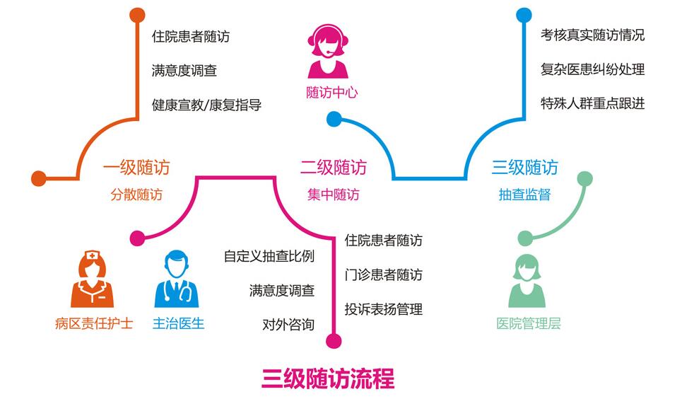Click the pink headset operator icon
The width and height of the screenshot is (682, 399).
[329, 51]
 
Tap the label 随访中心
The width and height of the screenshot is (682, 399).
[331, 93]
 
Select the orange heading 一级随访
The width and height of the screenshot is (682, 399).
[136, 168]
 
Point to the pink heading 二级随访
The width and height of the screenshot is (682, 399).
[333, 168]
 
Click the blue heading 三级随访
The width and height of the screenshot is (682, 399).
[524, 168]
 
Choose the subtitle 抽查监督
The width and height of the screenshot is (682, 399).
[524, 195]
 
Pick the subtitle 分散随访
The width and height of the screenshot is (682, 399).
[136, 195]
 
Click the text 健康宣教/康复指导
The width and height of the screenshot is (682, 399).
[206, 105]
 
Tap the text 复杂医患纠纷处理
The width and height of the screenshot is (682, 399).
[592, 69]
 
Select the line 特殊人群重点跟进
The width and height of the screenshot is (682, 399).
[592, 104]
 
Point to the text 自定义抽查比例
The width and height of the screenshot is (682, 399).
[269, 256]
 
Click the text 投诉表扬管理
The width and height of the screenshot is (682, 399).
[383, 309]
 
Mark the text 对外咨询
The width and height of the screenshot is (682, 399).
[288, 325]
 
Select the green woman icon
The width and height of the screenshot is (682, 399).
[527, 280]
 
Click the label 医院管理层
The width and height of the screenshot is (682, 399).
[528, 325]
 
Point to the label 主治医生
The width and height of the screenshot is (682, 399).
[178, 325]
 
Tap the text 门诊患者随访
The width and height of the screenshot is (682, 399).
[383, 274]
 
